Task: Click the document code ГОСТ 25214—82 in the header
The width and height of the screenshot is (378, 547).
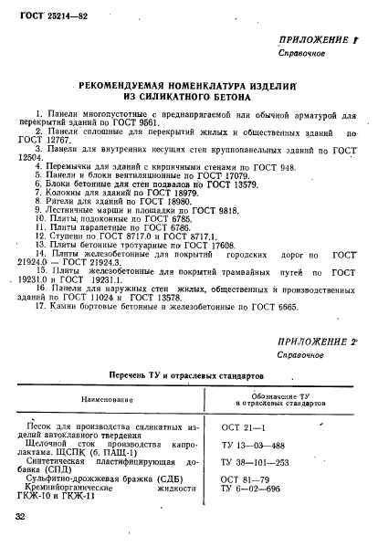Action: coord(45,16)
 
